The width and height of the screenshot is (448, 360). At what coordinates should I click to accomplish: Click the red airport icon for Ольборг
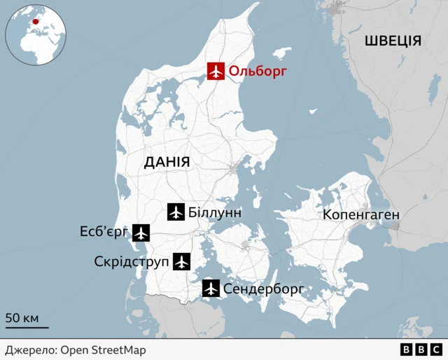(216, 71)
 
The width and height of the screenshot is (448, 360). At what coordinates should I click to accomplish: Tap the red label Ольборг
(258, 71)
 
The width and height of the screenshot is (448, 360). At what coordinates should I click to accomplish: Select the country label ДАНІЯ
(167, 162)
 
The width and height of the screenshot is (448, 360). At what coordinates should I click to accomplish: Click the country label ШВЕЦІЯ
(393, 41)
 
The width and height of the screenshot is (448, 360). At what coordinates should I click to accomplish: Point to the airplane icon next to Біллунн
(176, 212)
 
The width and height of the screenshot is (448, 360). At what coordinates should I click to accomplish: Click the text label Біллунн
(215, 212)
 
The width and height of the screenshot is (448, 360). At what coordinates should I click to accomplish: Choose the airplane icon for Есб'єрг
(141, 233)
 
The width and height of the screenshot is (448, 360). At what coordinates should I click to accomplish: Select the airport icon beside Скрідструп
(181, 262)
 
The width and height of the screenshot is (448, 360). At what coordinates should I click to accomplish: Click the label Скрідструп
(132, 262)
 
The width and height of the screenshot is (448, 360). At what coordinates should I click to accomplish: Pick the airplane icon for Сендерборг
(211, 288)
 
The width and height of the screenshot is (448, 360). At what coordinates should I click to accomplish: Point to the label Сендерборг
(264, 289)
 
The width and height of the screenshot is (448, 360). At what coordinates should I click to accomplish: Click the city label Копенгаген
(361, 214)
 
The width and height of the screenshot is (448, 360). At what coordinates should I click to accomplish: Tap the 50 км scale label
(22, 318)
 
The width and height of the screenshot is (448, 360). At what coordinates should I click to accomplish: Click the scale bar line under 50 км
(27, 327)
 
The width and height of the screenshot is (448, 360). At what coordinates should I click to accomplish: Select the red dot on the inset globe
(36, 22)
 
